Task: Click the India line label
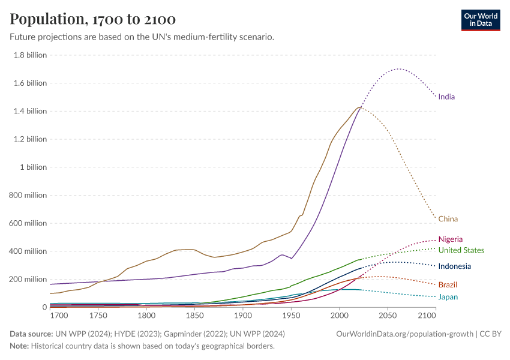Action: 446,97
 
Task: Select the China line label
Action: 448,219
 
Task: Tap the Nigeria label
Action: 450,239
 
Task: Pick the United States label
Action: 461,250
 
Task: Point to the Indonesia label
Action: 454,266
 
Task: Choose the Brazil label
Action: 448,284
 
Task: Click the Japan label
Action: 448,296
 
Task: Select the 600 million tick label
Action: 27,223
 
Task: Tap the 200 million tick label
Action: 27,280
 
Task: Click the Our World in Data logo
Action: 480,20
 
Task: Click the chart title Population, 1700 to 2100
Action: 93,19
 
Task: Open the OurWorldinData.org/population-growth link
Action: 406,334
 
